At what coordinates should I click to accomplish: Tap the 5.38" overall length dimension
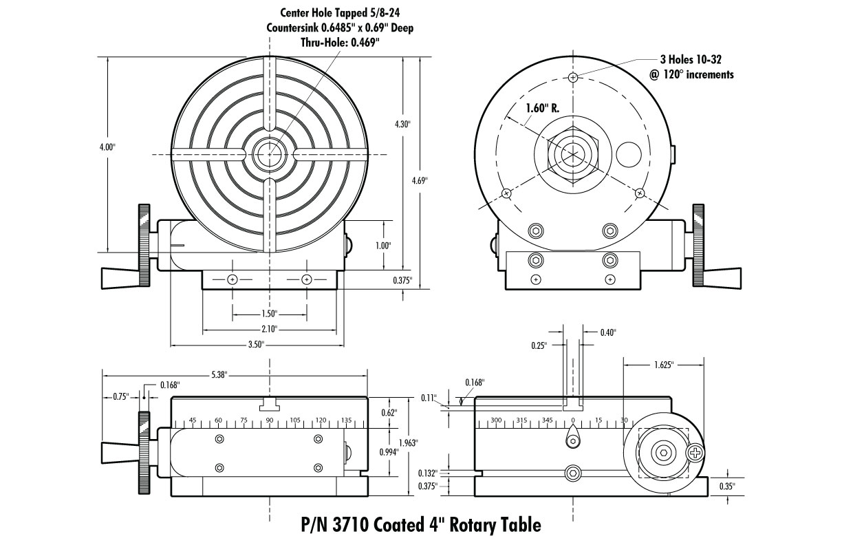(x=219, y=375)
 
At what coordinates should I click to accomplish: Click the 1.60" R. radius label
(x=543, y=109)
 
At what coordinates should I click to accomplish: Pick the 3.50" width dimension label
(x=255, y=345)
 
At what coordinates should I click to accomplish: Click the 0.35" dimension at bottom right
(x=726, y=486)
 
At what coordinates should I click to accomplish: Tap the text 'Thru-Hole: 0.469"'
(x=340, y=43)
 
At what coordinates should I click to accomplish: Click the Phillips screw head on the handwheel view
(x=695, y=453)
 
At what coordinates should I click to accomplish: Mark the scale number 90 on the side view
(x=270, y=420)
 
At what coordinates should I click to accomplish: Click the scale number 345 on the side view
(x=547, y=420)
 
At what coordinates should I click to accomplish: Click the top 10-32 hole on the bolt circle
(x=572, y=78)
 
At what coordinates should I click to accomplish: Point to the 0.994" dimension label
(x=389, y=451)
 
